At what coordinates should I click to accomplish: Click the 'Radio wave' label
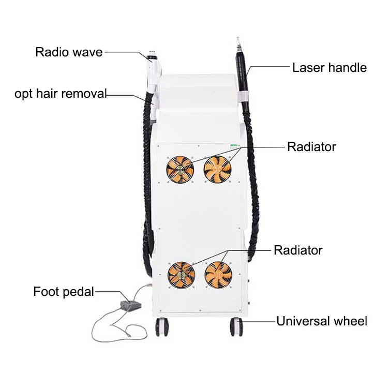pos(69,52)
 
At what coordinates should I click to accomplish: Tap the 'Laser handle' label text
pos(330,67)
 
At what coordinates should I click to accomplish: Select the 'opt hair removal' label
pos(61,94)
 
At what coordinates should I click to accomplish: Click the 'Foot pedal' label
pos(64,291)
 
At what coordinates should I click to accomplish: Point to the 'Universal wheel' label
pos(321,321)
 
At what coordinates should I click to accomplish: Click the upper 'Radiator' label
pos(311,147)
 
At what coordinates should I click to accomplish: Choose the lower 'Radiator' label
pos(298,250)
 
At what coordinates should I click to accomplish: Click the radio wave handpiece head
pos(154,54)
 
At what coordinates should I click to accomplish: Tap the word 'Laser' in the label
pos(307,67)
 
